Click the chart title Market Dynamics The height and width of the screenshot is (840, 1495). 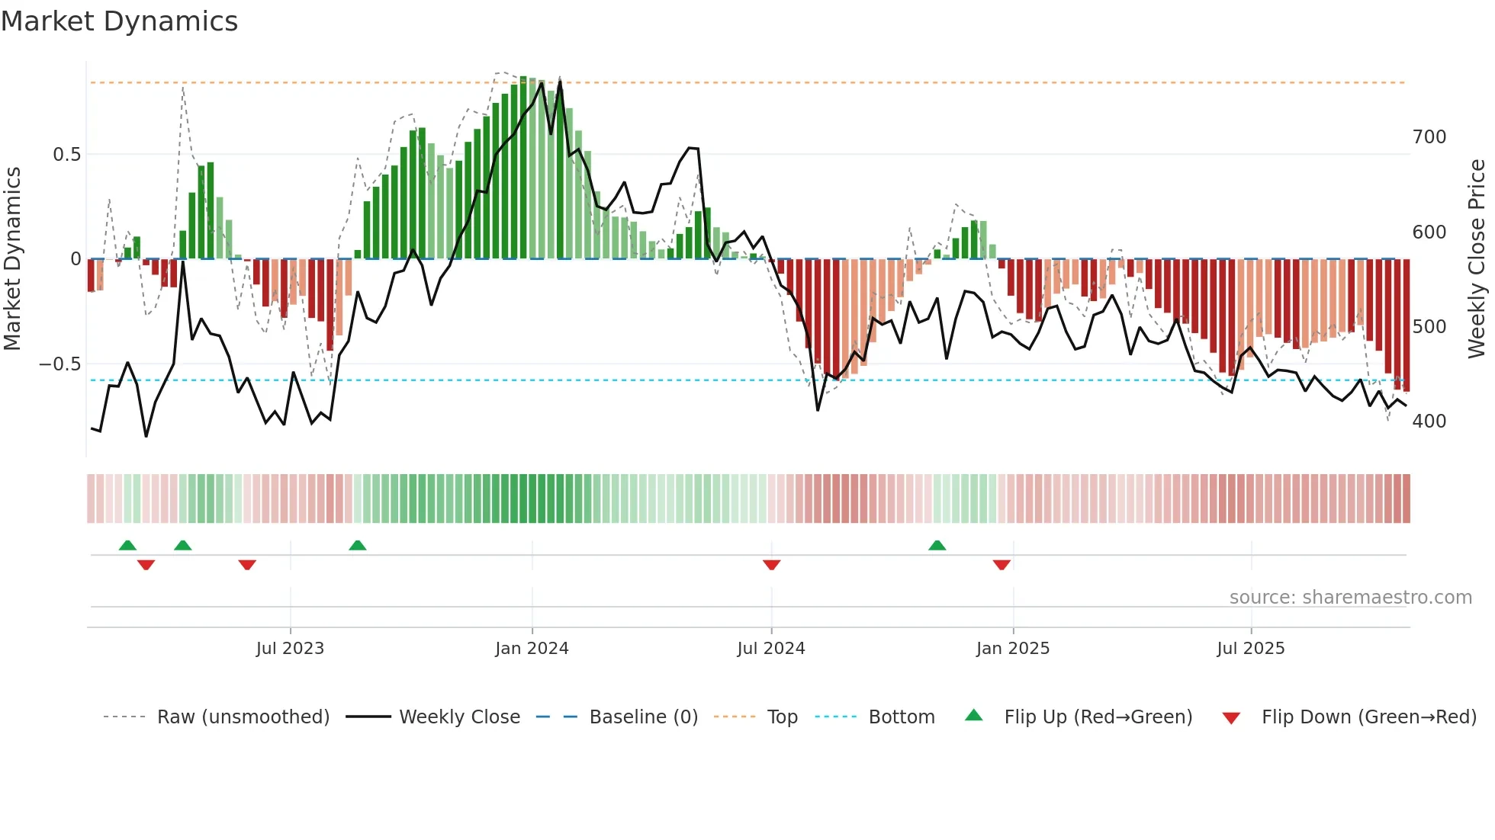pos(119,21)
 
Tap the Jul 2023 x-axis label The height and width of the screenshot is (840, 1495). pos(290,649)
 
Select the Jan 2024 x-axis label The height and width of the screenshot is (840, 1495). pos(532,649)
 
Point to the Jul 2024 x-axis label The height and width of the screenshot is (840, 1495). pos(771,649)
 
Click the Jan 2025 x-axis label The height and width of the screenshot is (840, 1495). pos(1013,649)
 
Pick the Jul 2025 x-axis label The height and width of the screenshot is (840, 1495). pos(1251,649)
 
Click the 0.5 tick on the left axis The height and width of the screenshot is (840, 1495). pos(66,155)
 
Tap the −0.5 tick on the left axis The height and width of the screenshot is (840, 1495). pos(59,364)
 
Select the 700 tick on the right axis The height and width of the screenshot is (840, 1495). pos(1429,137)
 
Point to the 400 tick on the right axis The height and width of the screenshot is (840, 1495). pos(1429,422)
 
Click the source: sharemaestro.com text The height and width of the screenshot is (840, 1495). pos(1350,598)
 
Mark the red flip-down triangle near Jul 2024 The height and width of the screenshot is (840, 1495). pos(771,565)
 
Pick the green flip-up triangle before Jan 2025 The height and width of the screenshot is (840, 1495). pos(937,545)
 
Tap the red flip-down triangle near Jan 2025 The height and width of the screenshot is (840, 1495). pos(1001,565)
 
